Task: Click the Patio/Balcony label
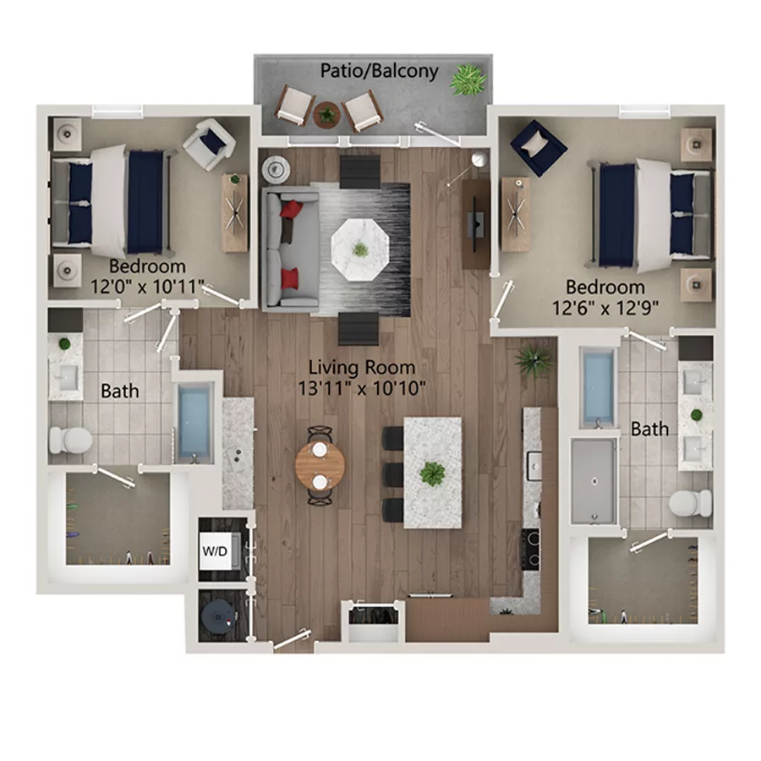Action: coord(379,70)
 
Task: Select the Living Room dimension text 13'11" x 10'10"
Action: coord(361,388)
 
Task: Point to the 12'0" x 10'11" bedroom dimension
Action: coord(147,287)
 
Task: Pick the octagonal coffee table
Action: coord(360,248)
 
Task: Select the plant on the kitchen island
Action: coord(433,474)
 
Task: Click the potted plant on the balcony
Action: coord(468,80)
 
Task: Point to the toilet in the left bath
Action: coord(70,440)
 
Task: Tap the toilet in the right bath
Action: coord(690,502)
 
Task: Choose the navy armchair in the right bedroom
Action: coord(538,146)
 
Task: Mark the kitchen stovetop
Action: coord(531,549)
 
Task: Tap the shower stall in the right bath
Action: coord(593,480)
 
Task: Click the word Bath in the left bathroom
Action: coord(119,391)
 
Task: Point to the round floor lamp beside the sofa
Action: coord(276,169)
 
